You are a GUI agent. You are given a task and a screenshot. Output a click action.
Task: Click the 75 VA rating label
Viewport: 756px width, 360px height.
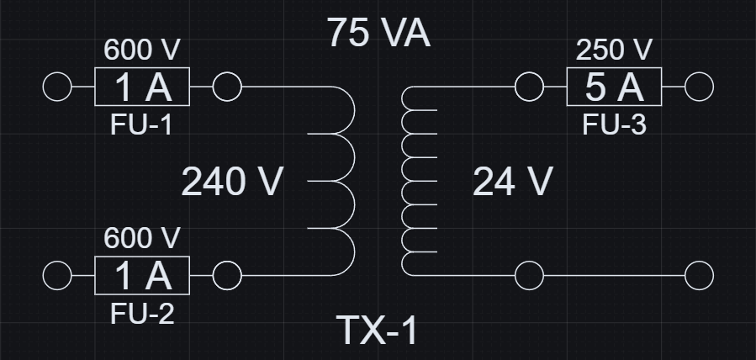[x=378, y=34]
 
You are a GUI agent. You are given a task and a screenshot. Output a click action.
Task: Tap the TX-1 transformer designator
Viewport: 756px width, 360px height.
[x=377, y=330]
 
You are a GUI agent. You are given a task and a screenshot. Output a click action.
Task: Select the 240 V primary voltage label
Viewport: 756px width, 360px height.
[x=233, y=182]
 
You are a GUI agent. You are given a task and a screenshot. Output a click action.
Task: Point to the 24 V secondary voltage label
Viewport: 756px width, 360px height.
[x=513, y=182]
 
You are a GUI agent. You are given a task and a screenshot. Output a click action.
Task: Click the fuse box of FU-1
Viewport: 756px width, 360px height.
[x=142, y=87]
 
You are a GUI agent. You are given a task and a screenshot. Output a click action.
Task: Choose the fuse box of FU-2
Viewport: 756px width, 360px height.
[x=142, y=276]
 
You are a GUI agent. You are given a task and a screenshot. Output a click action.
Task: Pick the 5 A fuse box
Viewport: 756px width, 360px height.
[x=614, y=87]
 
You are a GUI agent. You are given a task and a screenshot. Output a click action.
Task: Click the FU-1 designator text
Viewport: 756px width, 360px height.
[x=142, y=125]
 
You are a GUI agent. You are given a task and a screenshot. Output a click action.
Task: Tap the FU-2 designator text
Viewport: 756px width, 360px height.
[x=142, y=315]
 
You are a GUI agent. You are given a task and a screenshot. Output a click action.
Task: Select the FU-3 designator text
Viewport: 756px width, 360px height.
[x=614, y=125]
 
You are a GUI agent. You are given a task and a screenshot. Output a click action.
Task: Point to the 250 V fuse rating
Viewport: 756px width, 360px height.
[x=614, y=50]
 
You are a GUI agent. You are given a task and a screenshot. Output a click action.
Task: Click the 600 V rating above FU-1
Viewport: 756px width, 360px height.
[x=142, y=50]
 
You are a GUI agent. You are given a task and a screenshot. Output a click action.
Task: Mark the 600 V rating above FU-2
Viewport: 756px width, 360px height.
[x=142, y=239]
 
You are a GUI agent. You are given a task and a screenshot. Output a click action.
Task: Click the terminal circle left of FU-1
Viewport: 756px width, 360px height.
[x=56, y=87]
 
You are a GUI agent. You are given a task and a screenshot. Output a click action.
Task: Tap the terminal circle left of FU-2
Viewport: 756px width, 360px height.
[x=56, y=276]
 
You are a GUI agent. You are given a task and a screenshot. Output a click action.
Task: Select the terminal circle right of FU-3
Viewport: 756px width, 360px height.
[x=700, y=87]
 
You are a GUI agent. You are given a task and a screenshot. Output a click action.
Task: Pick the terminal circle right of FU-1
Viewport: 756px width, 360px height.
[x=228, y=87]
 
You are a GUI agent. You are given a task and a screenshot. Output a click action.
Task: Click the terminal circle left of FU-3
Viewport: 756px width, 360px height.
[x=529, y=87]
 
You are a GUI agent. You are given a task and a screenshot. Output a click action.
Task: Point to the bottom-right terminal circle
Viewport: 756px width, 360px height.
[x=700, y=276]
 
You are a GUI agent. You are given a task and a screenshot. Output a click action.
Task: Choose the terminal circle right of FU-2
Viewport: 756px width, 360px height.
[x=228, y=276]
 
